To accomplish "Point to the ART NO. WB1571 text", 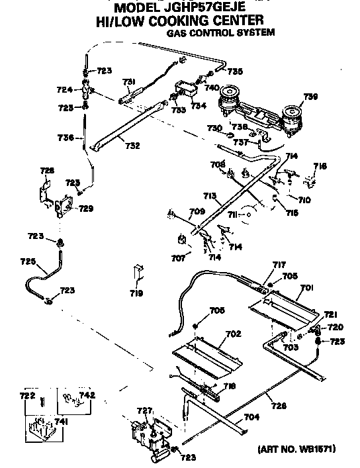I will click(x=295, y=449).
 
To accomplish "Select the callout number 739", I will click(x=310, y=97).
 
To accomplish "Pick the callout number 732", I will click(x=132, y=146).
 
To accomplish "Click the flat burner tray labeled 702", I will click(x=199, y=354).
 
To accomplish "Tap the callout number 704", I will click(x=252, y=417).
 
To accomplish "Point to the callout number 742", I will click(x=87, y=395).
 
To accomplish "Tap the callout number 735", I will click(x=235, y=71).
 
